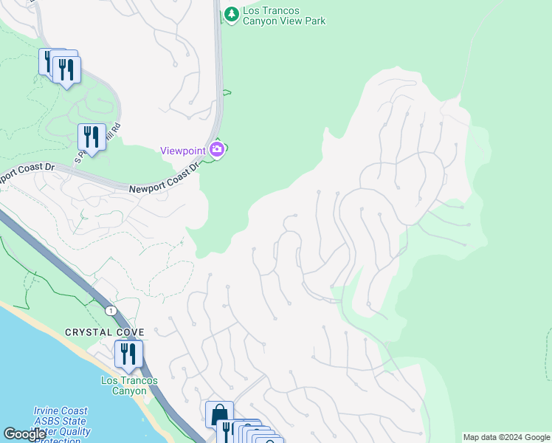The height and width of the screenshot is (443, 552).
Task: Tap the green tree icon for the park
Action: tap(232, 13)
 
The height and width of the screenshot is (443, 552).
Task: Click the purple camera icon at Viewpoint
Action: tap(216, 149)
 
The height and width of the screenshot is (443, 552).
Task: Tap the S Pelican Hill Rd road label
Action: tap(97, 144)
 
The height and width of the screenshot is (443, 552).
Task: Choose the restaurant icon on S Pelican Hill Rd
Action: tap(91, 137)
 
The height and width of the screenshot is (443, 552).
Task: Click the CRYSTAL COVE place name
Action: tap(104, 333)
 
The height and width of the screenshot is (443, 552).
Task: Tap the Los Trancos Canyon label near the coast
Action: tap(129, 385)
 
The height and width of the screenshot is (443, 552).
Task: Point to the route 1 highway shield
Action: tap(111, 310)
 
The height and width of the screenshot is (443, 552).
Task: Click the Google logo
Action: tap(24, 434)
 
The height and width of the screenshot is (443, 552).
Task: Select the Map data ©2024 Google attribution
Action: tap(506, 437)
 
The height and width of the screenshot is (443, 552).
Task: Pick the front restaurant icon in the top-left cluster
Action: tap(67, 69)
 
